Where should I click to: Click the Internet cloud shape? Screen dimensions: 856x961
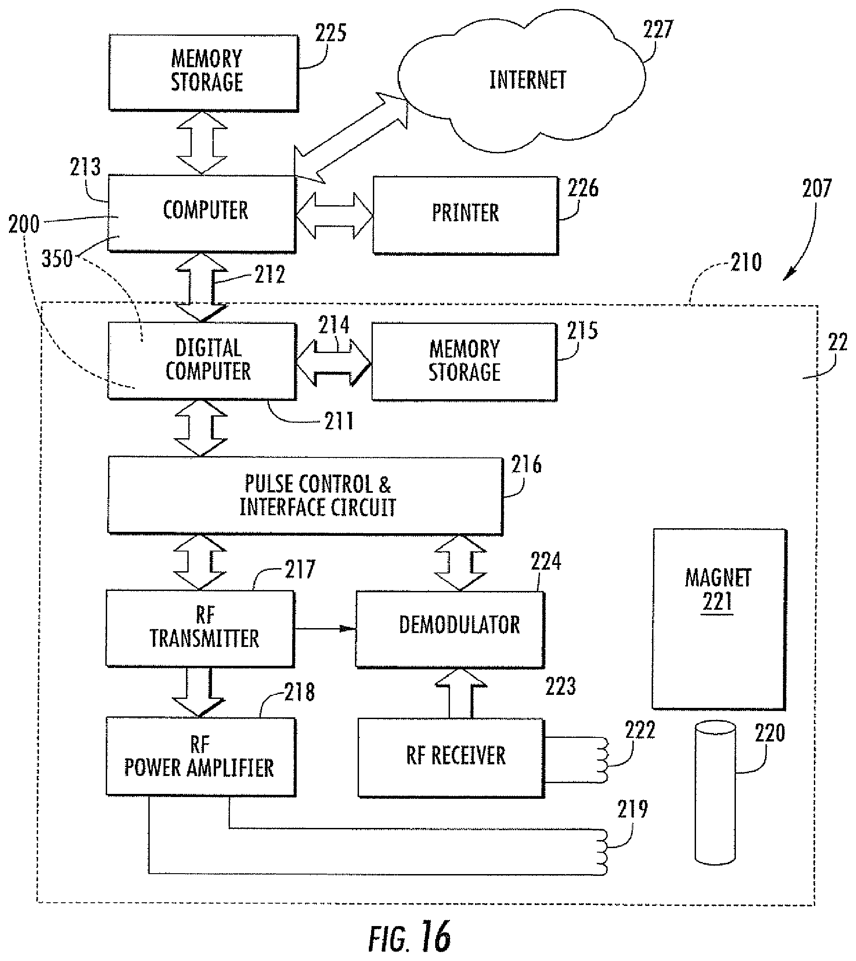[x=521, y=80]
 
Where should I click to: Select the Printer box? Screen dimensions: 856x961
[x=466, y=215]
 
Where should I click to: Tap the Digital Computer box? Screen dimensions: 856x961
[x=202, y=361]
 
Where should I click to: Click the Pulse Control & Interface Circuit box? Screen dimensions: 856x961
[x=305, y=496]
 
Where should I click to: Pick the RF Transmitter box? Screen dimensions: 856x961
[x=200, y=628]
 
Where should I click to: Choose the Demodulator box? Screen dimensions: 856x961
[x=450, y=629]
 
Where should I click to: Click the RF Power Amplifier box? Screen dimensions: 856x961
[x=201, y=757]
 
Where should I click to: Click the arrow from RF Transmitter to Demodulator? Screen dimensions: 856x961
[x=325, y=629]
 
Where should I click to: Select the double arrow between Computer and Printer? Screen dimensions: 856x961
[x=334, y=215]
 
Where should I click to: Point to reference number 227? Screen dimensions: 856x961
[x=658, y=29]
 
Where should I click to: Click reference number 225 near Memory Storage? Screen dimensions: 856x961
[x=331, y=33]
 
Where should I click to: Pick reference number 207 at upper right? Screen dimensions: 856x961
[x=817, y=188]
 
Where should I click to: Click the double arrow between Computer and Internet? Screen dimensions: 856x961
[x=350, y=138]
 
